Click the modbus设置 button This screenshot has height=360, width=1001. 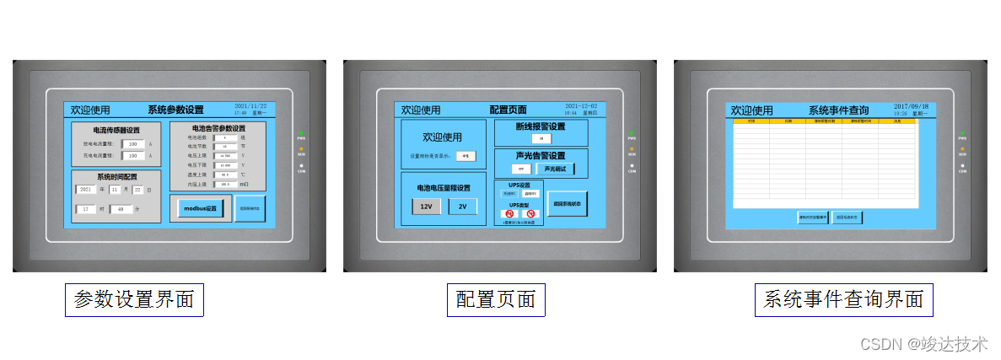(201, 208)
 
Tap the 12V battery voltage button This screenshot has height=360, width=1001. (426, 207)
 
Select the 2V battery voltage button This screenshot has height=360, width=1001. (462, 207)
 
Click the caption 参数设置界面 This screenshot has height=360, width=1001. (134, 299)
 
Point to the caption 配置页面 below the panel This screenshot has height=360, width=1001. (496, 299)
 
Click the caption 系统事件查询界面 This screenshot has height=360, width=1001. (843, 299)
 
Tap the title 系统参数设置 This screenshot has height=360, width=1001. (175, 110)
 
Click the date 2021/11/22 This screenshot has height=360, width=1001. (250, 105)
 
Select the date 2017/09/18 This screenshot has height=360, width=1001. (912, 106)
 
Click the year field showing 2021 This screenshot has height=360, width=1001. (85, 190)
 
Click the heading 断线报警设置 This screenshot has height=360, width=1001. (541, 126)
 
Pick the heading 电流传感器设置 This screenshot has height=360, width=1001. (116, 130)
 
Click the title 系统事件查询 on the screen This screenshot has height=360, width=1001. (838, 110)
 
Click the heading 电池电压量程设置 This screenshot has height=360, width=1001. (444, 187)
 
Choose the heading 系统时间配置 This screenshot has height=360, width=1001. (116, 177)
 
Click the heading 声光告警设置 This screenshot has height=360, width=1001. (541, 155)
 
